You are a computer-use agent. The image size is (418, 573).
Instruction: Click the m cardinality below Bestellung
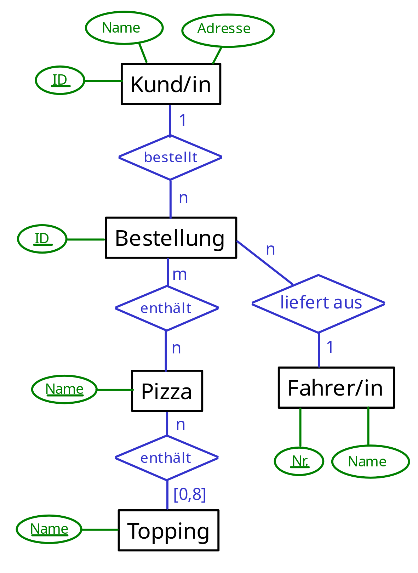[x=179, y=274]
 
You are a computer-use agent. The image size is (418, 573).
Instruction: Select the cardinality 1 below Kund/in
[x=183, y=120]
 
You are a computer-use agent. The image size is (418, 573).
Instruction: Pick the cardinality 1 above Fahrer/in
[x=330, y=347]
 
